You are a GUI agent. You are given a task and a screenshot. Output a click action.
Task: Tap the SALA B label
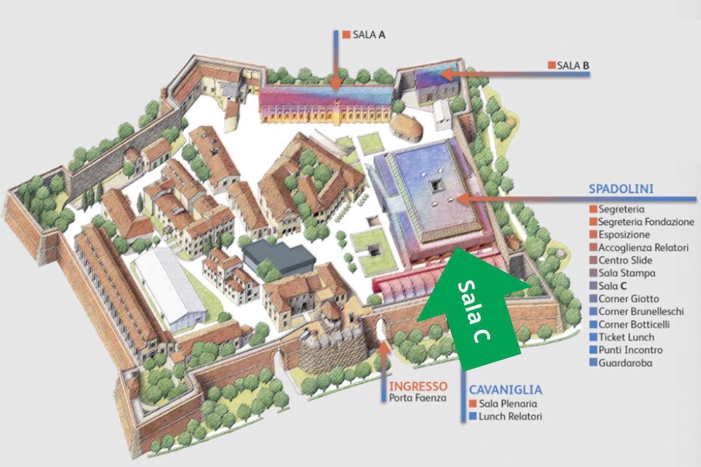(x=572, y=65)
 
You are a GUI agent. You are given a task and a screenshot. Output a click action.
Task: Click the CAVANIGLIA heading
(x=505, y=390)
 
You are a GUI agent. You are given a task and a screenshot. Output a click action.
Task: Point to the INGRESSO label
(x=418, y=386)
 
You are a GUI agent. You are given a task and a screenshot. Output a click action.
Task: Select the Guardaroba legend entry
(x=625, y=363)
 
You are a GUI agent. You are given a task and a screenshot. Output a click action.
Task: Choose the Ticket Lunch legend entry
(x=626, y=337)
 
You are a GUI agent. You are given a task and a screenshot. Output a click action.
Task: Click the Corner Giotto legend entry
(x=629, y=299)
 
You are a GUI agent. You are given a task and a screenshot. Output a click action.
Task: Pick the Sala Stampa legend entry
(x=627, y=273)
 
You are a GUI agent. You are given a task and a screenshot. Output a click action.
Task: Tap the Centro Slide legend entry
(x=625, y=260)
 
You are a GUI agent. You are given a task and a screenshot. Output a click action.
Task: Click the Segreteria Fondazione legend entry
(x=646, y=222)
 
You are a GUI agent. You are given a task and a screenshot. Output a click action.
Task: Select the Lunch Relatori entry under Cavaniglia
(x=510, y=417)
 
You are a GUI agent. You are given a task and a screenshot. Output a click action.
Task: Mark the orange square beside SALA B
(x=551, y=65)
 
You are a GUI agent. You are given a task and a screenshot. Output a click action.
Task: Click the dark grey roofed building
(x=277, y=257)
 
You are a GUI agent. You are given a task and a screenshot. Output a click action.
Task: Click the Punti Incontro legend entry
(x=630, y=350)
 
